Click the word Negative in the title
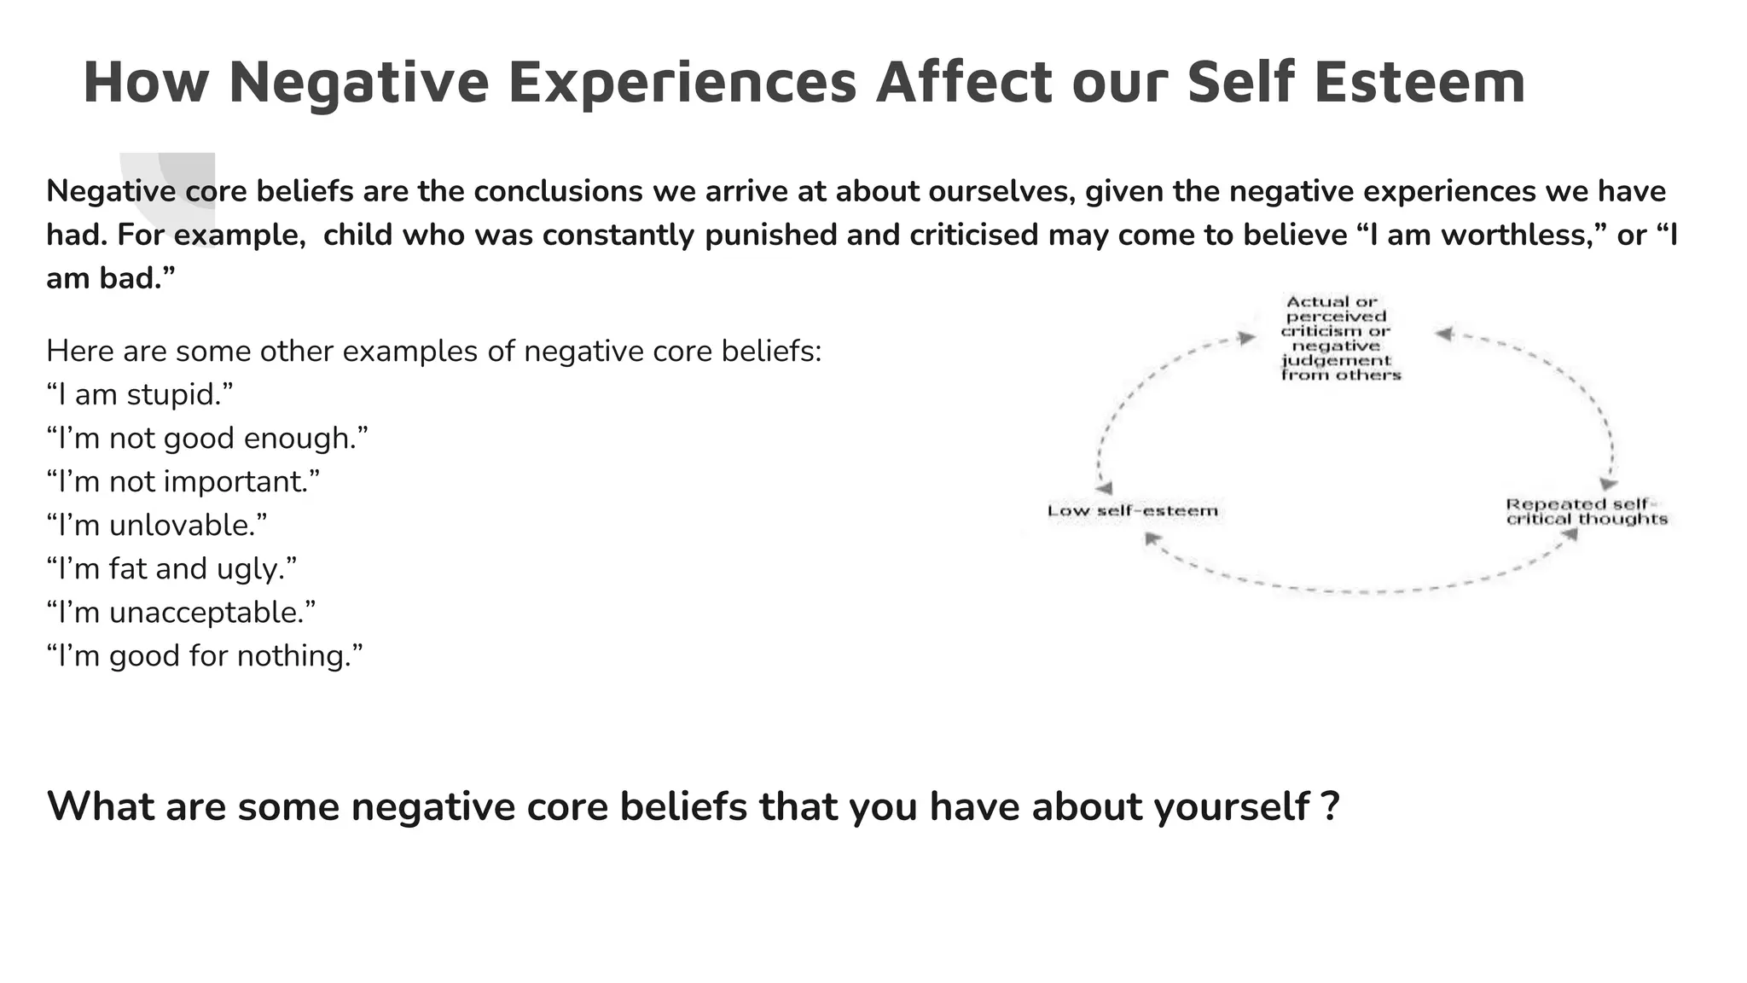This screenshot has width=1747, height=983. [x=359, y=83]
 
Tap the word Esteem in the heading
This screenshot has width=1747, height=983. [x=1419, y=83]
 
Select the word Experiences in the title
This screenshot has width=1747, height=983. [x=682, y=83]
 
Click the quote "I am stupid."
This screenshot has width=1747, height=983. [x=140, y=394]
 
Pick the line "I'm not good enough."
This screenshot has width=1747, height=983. [x=207, y=438]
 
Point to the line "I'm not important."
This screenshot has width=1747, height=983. [x=183, y=481]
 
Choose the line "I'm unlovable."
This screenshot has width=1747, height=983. [x=157, y=525]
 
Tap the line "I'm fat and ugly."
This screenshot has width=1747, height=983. [x=171, y=568]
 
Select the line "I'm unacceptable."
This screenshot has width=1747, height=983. [x=181, y=612]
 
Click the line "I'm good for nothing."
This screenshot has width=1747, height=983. [x=205, y=655]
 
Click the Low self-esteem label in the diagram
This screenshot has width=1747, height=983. [x=1133, y=510]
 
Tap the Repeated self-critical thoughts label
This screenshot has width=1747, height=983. [x=1586, y=511]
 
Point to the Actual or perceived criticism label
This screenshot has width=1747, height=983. [x=1339, y=338]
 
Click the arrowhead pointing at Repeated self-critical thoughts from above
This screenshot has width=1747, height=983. [x=1608, y=484]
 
